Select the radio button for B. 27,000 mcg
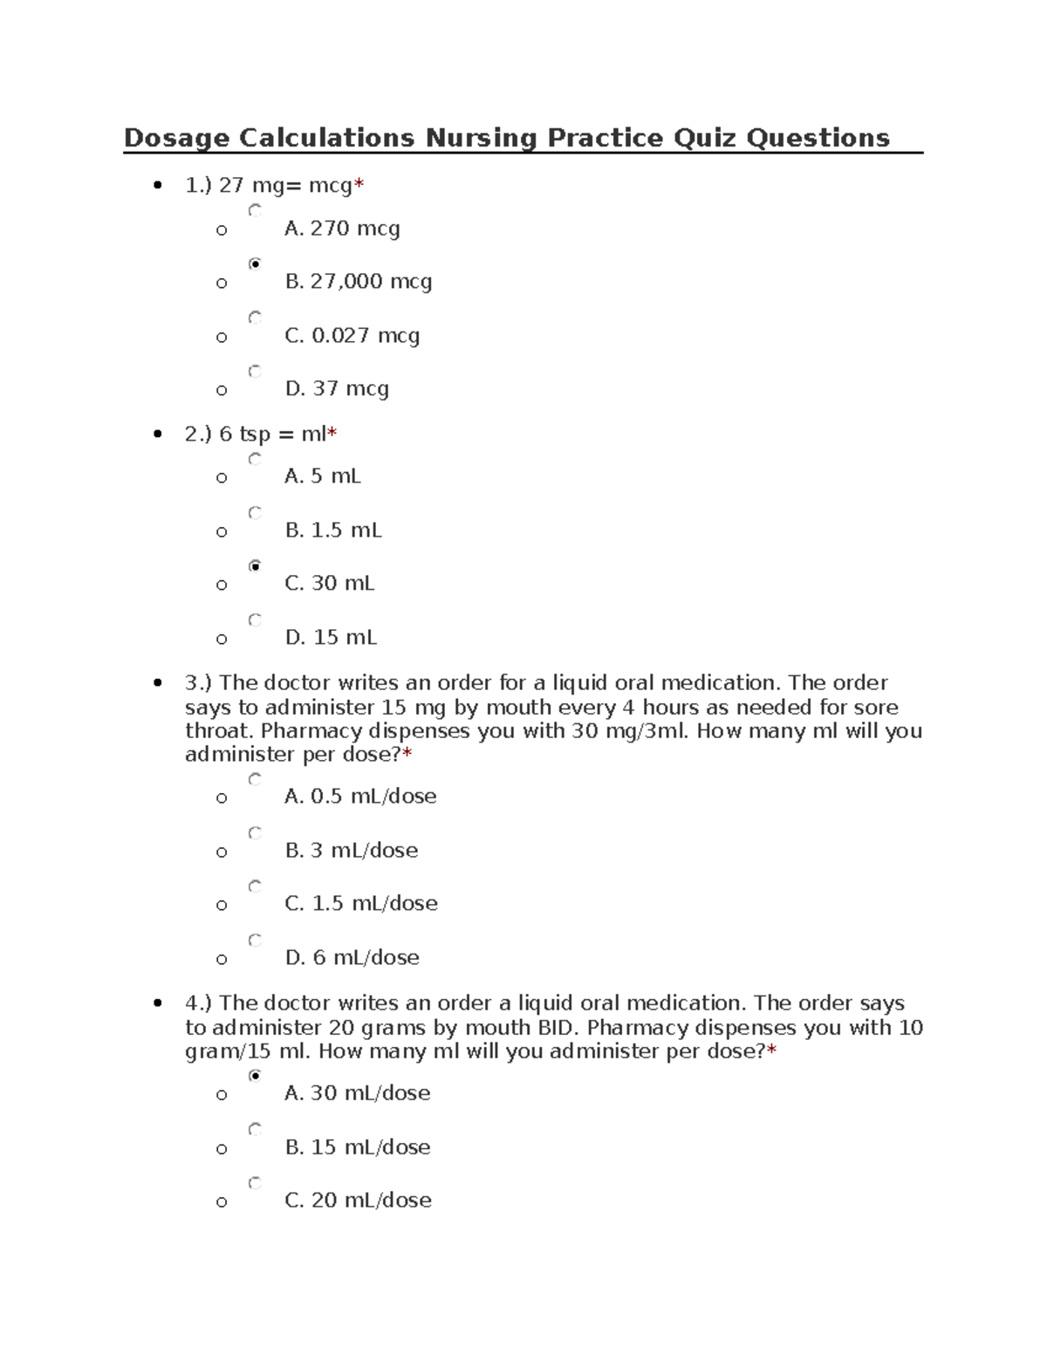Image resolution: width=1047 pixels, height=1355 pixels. [255, 263]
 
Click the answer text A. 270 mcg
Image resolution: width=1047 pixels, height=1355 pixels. [342, 229]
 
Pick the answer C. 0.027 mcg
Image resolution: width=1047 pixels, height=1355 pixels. [352, 336]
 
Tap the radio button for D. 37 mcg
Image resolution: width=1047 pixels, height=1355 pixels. [255, 371]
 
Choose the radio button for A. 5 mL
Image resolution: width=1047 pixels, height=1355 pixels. [255, 459]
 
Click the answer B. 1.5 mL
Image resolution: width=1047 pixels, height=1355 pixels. [332, 530]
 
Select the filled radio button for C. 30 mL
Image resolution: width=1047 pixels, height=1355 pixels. [255, 566]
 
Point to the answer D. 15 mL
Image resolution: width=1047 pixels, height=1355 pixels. [331, 638]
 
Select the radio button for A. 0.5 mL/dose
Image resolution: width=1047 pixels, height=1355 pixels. [255, 779]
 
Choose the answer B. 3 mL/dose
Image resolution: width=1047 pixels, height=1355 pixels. [351, 851]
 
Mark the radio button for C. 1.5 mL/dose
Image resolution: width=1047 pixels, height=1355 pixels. [255, 886]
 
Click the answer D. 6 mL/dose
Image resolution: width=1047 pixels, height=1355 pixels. [352, 958]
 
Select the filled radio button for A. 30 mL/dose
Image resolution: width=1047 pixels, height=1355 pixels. [255, 1076]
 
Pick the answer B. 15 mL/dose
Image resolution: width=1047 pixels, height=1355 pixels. [357, 1147]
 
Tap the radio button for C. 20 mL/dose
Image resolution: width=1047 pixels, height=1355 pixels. [255, 1183]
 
